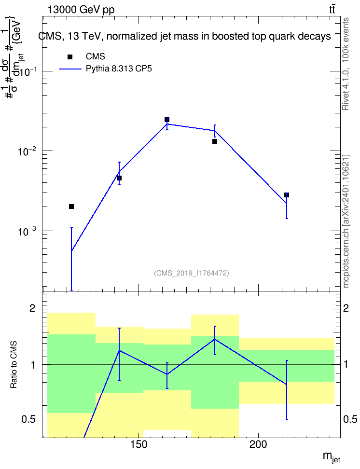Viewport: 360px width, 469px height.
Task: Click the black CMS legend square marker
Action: (x=70, y=57)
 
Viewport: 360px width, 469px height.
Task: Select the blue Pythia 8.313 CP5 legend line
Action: (x=70, y=69)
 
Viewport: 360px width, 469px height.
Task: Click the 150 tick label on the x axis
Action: (x=139, y=444)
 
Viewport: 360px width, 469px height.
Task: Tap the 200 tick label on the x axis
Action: (x=258, y=444)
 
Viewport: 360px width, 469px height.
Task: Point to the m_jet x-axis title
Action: (x=332, y=457)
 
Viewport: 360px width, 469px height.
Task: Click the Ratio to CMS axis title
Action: (x=14, y=365)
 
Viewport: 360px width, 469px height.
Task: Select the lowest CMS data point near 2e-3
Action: (x=71, y=207)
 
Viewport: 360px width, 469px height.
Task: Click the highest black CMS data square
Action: (x=167, y=120)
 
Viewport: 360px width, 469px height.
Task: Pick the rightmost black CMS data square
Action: (x=286, y=195)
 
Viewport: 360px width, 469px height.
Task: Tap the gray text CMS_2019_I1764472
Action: (x=192, y=273)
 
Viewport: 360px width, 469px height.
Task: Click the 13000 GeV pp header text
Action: (x=81, y=10)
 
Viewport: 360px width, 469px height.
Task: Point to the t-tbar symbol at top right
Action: (x=332, y=9)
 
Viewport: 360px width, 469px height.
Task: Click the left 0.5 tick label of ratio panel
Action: (x=29, y=420)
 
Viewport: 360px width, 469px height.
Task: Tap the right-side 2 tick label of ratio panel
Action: (x=346, y=308)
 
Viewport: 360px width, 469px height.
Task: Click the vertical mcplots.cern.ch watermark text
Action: (x=346, y=221)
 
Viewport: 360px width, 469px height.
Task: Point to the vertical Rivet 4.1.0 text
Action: (x=346, y=64)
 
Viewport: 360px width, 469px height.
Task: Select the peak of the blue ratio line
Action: (x=215, y=339)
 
